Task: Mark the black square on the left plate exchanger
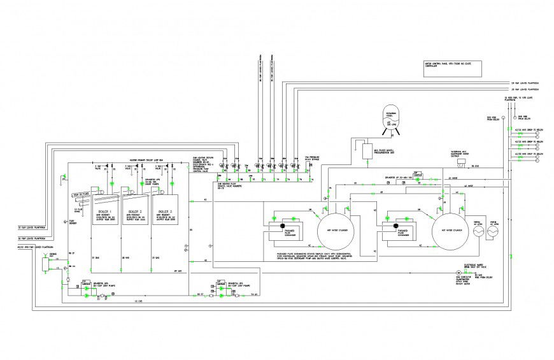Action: tap(281, 226)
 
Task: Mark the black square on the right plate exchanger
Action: tap(395, 226)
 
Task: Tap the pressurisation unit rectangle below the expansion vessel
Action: tap(367, 152)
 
